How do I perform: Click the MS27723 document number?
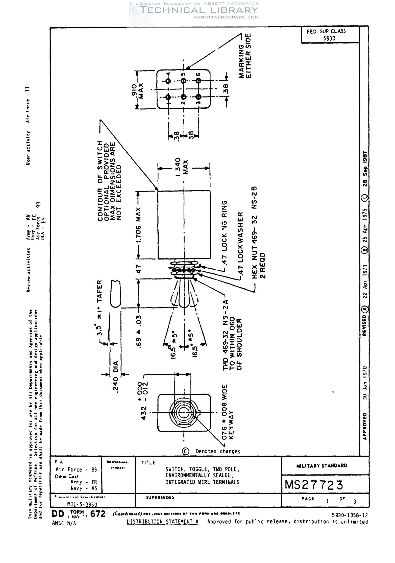click(314, 485)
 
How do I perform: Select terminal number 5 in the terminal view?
click(184, 81)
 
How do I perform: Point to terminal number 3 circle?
click(199, 97)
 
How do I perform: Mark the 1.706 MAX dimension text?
click(138, 225)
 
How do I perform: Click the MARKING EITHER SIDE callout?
click(245, 56)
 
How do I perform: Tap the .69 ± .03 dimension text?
click(139, 332)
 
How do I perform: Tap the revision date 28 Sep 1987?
click(365, 169)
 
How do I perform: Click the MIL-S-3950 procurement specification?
click(82, 504)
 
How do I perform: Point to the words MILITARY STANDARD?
click(322, 465)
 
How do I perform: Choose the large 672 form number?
click(98, 514)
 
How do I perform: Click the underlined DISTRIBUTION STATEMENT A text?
click(162, 522)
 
